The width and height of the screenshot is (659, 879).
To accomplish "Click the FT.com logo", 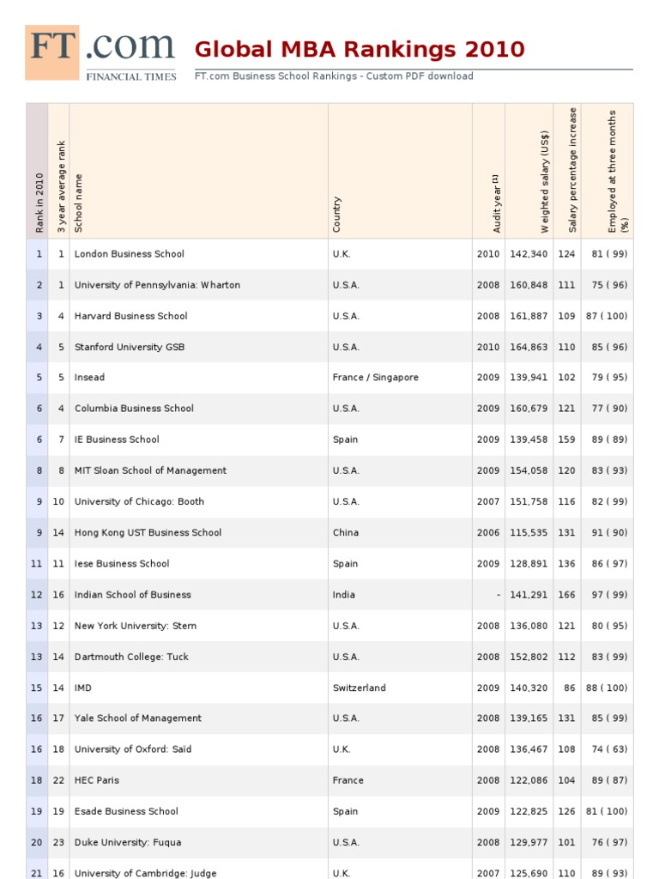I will [101, 52].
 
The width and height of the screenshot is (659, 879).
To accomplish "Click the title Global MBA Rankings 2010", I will [360, 49].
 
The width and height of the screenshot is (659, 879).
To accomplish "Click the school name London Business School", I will [129, 254].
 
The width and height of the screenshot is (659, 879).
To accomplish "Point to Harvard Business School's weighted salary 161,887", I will [528, 316].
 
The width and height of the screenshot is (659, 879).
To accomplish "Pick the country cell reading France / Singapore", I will [375, 378].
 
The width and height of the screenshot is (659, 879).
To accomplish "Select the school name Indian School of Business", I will [132, 595].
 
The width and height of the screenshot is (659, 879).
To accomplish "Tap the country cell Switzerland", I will [359, 688].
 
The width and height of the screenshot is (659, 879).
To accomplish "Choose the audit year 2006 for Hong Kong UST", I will [487, 533].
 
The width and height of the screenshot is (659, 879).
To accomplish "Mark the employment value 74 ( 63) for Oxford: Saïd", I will [609, 749].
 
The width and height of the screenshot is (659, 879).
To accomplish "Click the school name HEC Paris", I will [97, 780].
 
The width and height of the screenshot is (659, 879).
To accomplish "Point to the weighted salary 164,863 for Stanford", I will [528, 347].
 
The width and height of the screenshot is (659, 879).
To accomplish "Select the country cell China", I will [346, 533].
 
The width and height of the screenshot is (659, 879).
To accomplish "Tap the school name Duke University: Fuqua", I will [128, 842].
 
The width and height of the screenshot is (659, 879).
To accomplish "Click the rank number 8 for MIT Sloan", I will [38, 470].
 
